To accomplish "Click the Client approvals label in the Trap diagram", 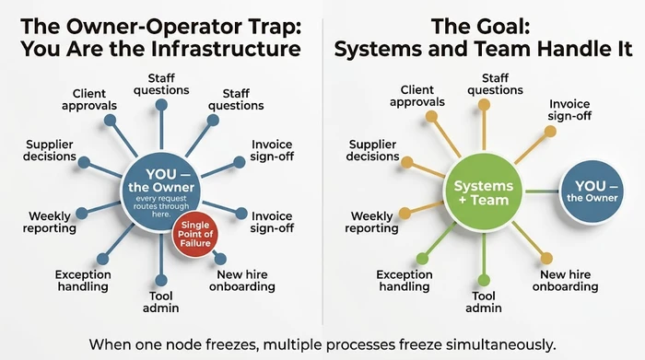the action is (x=95, y=99).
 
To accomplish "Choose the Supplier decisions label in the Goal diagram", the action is (x=373, y=149).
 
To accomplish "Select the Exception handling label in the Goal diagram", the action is (x=405, y=280).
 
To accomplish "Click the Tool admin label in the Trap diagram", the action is (x=161, y=300).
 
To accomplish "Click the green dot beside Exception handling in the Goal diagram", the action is (x=421, y=258).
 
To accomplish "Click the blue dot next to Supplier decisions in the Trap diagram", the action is (x=85, y=163).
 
